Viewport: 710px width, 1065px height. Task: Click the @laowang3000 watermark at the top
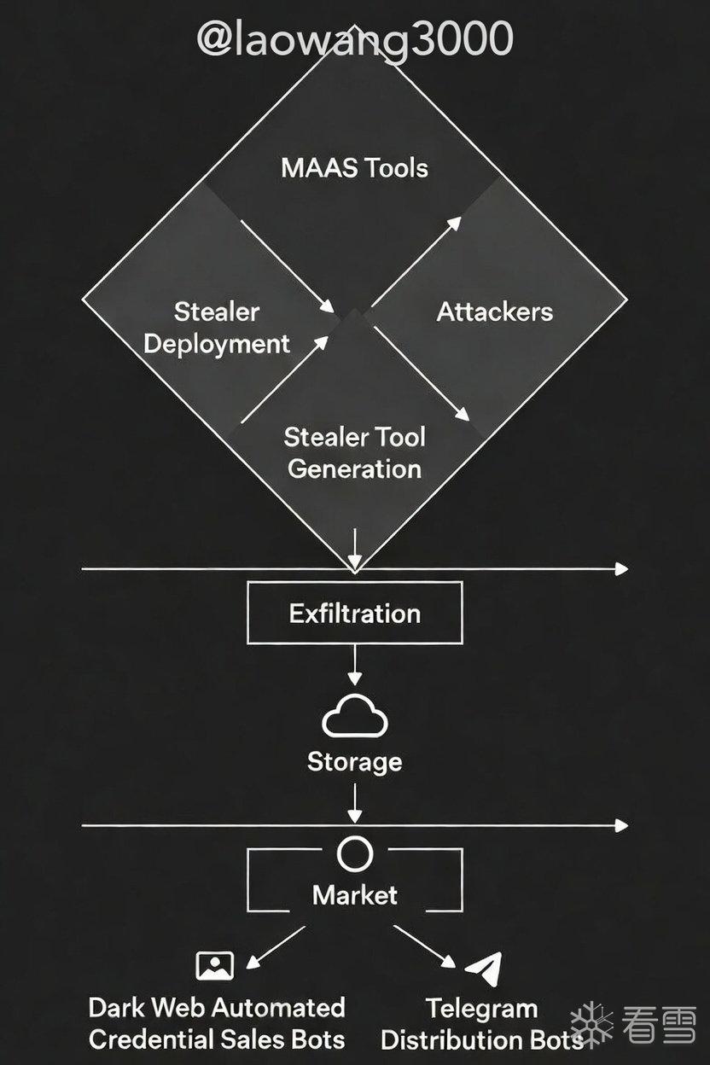pos(355,39)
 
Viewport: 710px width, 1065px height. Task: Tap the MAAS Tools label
pos(354,168)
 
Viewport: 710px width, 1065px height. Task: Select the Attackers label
pos(495,311)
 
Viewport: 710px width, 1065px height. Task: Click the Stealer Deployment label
pos(217,328)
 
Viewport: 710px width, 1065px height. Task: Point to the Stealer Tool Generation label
pos(354,453)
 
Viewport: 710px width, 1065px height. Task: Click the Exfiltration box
pos(355,613)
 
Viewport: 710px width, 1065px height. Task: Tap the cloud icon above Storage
pos(355,716)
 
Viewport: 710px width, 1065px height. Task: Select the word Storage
pos(355,762)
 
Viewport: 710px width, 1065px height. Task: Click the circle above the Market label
pos(355,854)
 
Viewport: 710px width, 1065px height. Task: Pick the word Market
pos(355,895)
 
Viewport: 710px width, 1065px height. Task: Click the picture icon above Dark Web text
pos(215,966)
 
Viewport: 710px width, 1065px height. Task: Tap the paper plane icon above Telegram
pos(484,968)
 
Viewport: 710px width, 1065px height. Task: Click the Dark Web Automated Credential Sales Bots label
pos(217,1023)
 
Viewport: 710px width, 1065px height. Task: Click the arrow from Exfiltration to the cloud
pos(355,665)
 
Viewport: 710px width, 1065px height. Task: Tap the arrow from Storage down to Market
pos(355,803)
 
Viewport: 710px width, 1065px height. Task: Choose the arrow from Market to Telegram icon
pos(425,946)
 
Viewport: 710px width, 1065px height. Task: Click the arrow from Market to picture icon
pos(276,947)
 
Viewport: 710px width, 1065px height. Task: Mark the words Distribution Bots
pos(482,1039)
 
